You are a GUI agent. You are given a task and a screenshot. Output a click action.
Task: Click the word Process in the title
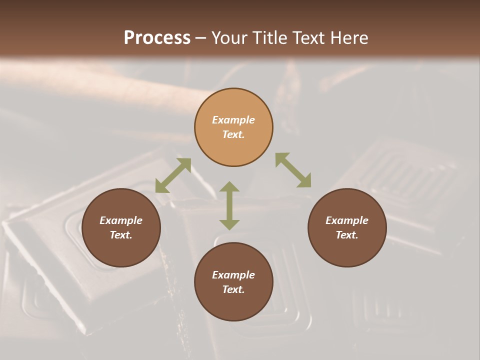(x=157, y=37)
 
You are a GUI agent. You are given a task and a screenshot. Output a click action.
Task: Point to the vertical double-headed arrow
(x=229, y=205)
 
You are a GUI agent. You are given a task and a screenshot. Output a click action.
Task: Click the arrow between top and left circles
(x=173, y=175)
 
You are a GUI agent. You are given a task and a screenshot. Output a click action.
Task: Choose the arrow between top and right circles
(x=293, y=170)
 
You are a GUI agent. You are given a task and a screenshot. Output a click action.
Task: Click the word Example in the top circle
(x=233, y=120)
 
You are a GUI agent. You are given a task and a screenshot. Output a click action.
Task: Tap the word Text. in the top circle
(x=233, y=134)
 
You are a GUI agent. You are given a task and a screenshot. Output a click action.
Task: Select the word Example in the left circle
(x=121, y=220)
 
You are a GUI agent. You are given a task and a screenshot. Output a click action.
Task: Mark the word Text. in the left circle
(x=121, y=235)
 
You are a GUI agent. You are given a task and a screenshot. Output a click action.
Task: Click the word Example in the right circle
(x=347, y=220)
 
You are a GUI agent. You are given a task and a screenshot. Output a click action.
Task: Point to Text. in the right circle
(x=347, y=235)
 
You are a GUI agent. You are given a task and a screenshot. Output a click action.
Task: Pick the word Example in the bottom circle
(x=233, y=275)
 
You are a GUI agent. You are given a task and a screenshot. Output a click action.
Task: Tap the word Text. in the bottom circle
(x=233, y=289)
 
